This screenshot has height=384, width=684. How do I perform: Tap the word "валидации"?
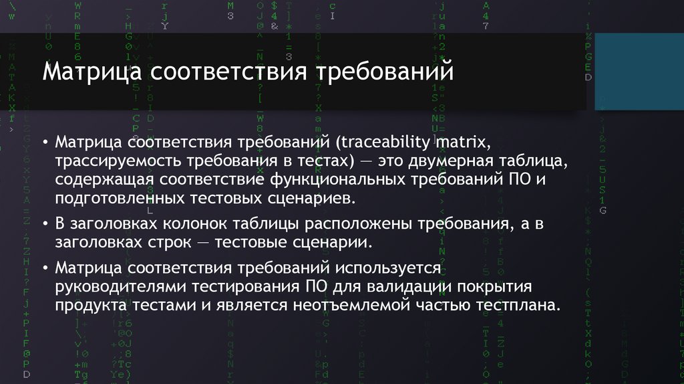[406, 287]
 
